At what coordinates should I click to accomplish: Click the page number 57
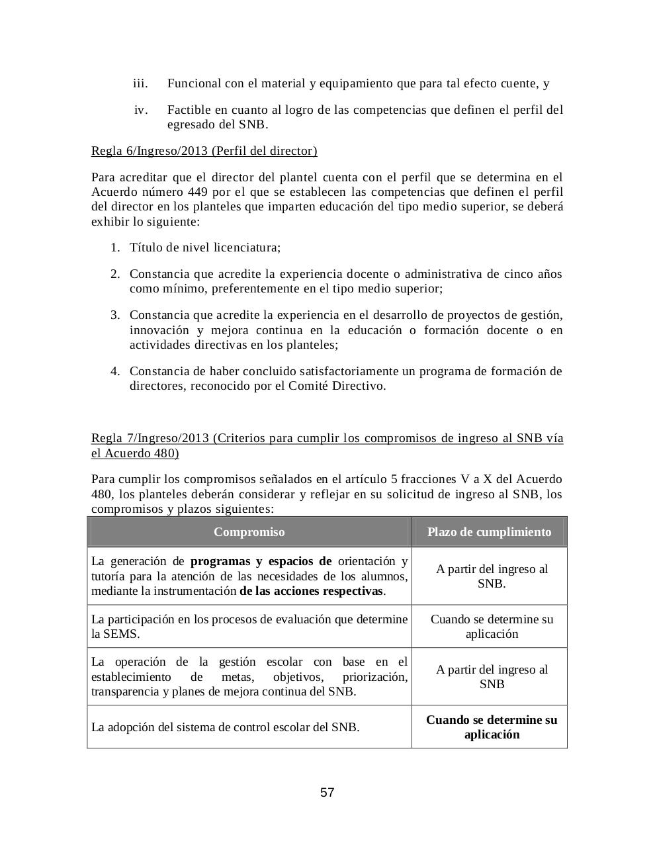pos(327,792)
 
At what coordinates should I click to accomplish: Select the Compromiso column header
pos(249,532)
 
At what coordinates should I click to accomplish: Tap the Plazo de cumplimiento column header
pos(489,532)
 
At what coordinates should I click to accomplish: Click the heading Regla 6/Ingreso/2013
pos(204,151)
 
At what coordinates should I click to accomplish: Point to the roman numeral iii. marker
pos(140,83)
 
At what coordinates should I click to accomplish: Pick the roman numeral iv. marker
pos(141,110)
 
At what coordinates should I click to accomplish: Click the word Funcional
pos(194,83)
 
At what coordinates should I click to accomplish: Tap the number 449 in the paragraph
pos(201,192)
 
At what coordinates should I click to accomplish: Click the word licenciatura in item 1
pos(247,247)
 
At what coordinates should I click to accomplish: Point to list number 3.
pos(115,315)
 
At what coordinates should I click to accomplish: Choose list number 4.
pos(115,371)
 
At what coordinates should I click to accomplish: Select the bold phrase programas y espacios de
pos(261,562)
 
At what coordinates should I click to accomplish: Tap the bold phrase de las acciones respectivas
pos(312,591)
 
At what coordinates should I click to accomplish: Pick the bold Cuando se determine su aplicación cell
pos(491,727)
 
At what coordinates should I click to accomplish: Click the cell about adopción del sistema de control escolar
pos(225,727)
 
